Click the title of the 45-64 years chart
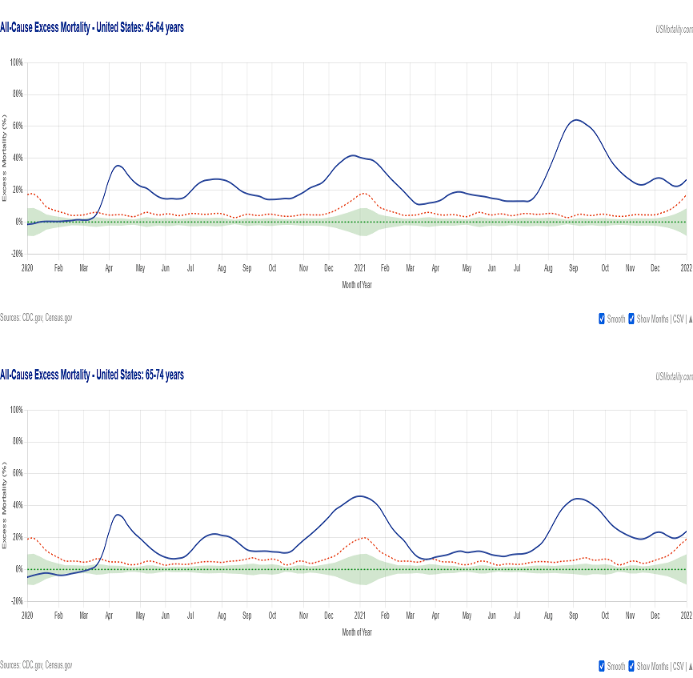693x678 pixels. (92, 28)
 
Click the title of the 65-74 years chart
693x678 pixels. (92, 375)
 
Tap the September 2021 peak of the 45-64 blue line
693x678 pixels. (575, 120)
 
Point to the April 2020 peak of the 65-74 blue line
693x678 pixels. (118, 515)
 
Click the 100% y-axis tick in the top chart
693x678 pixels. (16, 62)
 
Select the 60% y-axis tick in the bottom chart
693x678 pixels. (17, 474)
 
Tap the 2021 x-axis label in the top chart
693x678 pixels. (360, 268)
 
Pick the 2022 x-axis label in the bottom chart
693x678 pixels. (686, 616)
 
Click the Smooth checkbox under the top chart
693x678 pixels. (602, 319)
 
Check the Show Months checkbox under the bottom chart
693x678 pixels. (631, 666)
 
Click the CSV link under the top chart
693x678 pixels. (677, 319)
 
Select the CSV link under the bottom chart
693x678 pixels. (677, 666)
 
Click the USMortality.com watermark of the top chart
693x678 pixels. (674, 29)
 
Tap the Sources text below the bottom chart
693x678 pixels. (36, 664)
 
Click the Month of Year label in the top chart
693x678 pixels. (356, 285)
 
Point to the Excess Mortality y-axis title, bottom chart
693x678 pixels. (5, 506)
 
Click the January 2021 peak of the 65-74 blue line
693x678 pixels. (360, 496)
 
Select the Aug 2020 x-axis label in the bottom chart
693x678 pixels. (222, 616)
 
